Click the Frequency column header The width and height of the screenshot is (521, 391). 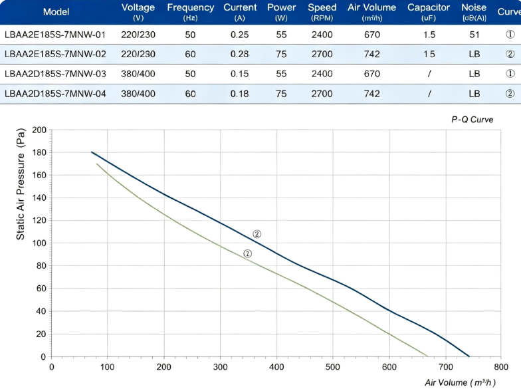pyautogui.click(x=190, y=12)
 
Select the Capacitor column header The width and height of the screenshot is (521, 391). pyautogui.click(x=429, y=12)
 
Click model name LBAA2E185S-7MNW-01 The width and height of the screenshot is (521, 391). pyautogui.click(x=55, y=35)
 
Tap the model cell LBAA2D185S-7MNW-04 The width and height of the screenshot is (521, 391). pyautogui.click(x=55, y=94)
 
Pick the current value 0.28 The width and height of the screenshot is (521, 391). pyautogui.click(x=239, y=55)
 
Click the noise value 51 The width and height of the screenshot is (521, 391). pyautogui.click(x=474, y=35)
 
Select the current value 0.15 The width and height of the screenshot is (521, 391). pyautogui.click(x=239, y=74)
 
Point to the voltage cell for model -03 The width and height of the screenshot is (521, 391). pyautogui.click(x=138, y=74)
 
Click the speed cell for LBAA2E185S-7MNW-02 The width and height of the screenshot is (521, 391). pyautogui.click(x=322, y=55)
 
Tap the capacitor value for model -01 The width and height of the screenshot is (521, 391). pyautogui.click(x=429, y=35)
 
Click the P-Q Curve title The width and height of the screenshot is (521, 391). pyautogui.click(x=472, y=120)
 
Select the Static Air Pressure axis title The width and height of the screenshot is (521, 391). pyautogui.click(x=21, y=184)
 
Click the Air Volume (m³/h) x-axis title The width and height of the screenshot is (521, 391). pyautogui.click(x=460, y=383)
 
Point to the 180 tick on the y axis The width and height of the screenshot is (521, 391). pyautogui.click(x=39, y=153)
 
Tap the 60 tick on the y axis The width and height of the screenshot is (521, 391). pyautogui.click(x=41, y=289)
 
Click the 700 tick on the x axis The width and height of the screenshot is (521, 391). pyautogui.click(x=445, y=367)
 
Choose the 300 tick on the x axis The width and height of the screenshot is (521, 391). pyautogui.click(x=220, y=367)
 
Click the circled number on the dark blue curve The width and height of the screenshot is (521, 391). pyautogui.click(x=257, y=234)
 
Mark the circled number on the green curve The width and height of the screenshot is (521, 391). pyautogui.click(x=247, y=254)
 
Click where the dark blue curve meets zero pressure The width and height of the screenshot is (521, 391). pyautogui.click(x=469, y=356)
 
